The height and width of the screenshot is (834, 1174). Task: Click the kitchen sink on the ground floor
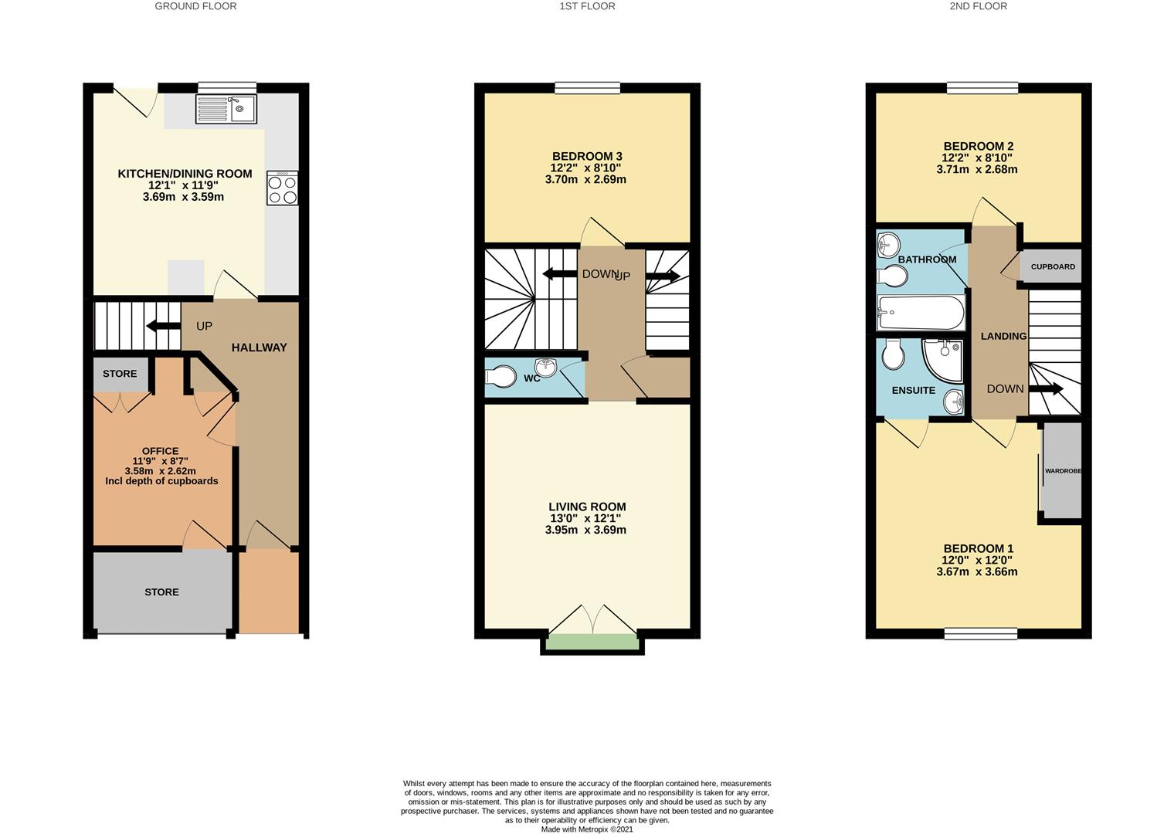[226, 109]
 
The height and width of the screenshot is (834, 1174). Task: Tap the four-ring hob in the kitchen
[282, 188]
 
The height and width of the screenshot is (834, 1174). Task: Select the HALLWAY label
[259, 347]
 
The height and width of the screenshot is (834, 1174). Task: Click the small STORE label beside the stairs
[120, 374]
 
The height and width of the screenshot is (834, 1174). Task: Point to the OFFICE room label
[161, 451]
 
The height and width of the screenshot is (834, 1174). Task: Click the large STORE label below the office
[161, 592]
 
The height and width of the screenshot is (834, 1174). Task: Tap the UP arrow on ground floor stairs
[163, 326]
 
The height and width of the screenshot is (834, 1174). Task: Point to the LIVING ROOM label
[587, 507]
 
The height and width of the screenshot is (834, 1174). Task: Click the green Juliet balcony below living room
[592, 642]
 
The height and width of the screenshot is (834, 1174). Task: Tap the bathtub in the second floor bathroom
[921, 313]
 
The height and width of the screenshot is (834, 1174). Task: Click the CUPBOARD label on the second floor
[1053, 266]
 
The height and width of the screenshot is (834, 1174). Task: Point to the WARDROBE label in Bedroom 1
[1063, 470]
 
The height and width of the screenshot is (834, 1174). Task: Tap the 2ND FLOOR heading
[978, 6]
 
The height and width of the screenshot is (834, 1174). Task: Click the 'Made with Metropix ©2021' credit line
[587, 829]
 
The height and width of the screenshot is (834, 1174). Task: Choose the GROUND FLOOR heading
[195, 6]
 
